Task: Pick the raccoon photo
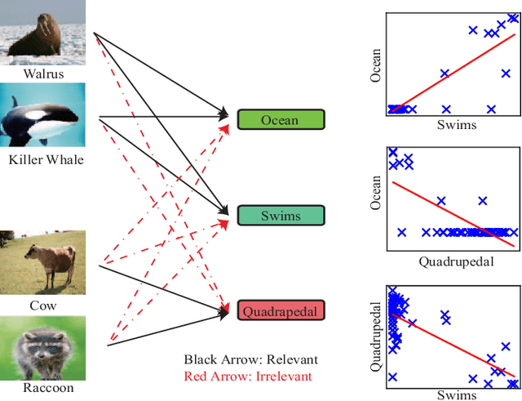43,347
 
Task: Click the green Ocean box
280,120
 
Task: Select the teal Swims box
281,216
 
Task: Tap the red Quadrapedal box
281,310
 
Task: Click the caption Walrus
44,74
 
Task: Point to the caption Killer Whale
46,160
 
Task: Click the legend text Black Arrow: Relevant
250,359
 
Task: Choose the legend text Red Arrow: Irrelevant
248,376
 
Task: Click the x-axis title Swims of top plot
456,125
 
